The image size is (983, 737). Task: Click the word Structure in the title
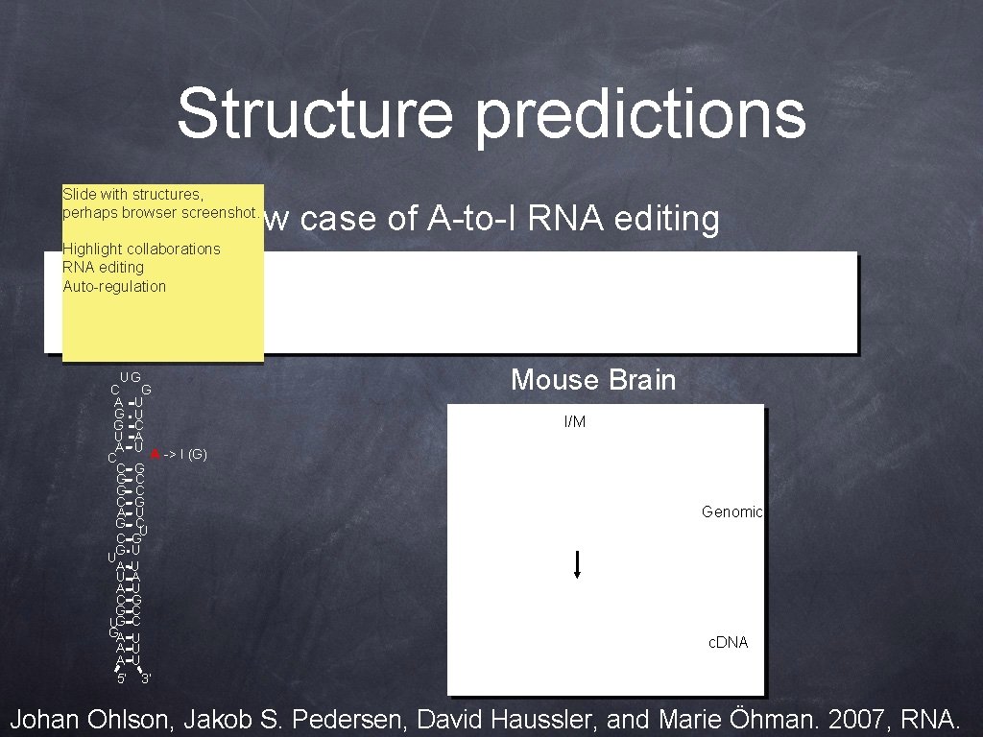314,113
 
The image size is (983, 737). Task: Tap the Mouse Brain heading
593,380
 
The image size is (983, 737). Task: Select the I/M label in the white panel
574,422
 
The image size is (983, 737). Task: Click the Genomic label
731,512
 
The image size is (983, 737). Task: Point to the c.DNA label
728,642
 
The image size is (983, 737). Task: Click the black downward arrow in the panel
576,563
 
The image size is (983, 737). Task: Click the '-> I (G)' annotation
185,453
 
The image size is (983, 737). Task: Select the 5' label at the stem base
121,679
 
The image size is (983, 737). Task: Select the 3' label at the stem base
145,679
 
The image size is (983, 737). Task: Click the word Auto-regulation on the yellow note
114,286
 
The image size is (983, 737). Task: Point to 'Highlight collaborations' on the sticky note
141,249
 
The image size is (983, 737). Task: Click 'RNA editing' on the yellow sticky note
103,267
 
